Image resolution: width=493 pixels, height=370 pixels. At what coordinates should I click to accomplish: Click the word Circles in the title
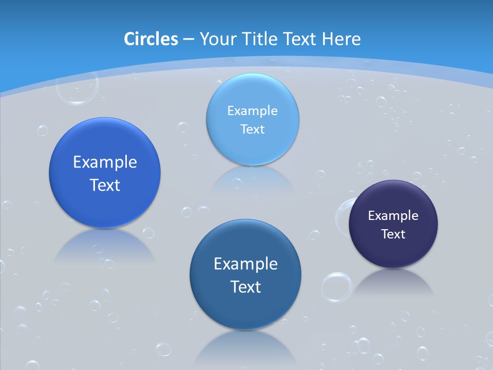click(151, 39)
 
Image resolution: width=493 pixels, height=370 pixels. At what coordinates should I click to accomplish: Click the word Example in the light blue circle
click(253, 110)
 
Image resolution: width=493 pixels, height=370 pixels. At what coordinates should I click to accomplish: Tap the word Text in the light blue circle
click(253, 129)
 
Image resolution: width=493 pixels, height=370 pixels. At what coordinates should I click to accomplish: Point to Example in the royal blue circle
click(105, 162)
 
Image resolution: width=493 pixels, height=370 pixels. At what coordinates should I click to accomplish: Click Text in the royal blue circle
click(105, 185)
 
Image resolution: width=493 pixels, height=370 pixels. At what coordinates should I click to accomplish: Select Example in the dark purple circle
click(393, 215)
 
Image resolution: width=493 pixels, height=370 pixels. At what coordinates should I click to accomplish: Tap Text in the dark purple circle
click(393, 234)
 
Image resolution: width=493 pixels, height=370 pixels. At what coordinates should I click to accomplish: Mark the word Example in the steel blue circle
click(245, 264)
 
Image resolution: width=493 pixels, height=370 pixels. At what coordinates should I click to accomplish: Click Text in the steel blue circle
click(245, 287)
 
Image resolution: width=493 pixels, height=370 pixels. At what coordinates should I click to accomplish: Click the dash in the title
click(188, 40)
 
